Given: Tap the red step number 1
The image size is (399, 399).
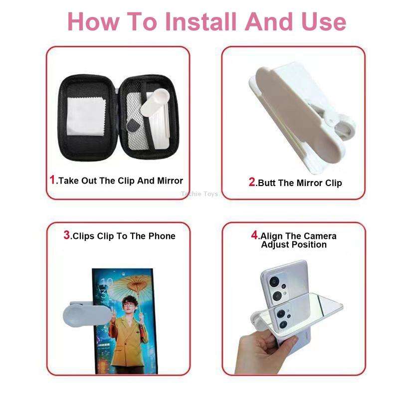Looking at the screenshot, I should point(53,180).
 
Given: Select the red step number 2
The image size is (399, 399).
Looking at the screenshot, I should point(252,182).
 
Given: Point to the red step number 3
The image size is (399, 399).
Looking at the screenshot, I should point(67,235).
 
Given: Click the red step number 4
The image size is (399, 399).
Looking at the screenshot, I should point(254,235).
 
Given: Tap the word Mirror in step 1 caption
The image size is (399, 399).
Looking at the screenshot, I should point(170,181).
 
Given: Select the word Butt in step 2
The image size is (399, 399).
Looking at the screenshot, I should point(267,183).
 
